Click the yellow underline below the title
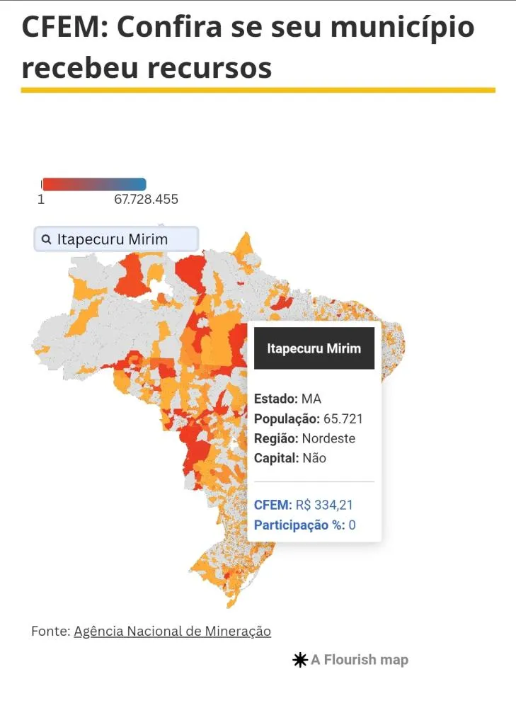(x=258, y=90)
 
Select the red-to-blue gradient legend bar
(x=93, y=184)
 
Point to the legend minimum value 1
(x=41, y=200)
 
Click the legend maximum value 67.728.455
(x=146, y=200)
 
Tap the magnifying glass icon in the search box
(x=46, y=239)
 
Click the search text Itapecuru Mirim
(x=113, y=239)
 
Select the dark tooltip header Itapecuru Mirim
(x=314, y=348)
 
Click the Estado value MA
(x=311, y=399)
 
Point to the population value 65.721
(x=343, y=418)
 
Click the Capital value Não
(x=314, y=458)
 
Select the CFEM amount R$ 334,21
(x=324, y=505)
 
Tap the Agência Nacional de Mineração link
(x=172, y=631)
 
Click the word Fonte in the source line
(x=50, y=631)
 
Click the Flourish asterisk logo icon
(x=300, y=660)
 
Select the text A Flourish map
(x=360, y=660)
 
